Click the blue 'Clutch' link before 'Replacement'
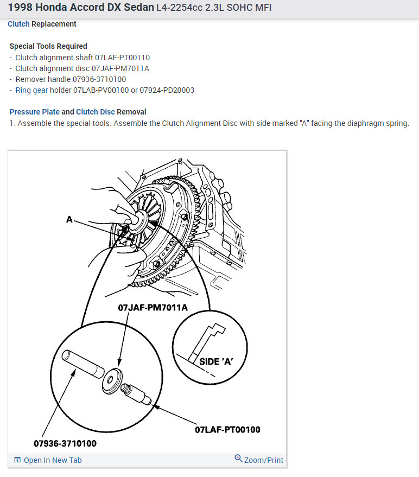pos(18,24)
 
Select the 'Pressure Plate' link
pos(35,112)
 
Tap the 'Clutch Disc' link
pos(95,112)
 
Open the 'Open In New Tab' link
pos(52,460)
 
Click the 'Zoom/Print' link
pos(263,460)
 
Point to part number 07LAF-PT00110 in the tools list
pos(120,58)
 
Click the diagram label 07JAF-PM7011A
pos(153,308)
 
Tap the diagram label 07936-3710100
pos(65,443)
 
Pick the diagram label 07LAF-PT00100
pos(227,430)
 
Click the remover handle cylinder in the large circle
pos(81,364)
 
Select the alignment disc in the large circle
pos(113,378)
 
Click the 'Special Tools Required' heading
pos(48,46)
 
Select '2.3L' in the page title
pos(217,8)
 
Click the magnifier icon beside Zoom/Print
pos(238,459)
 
